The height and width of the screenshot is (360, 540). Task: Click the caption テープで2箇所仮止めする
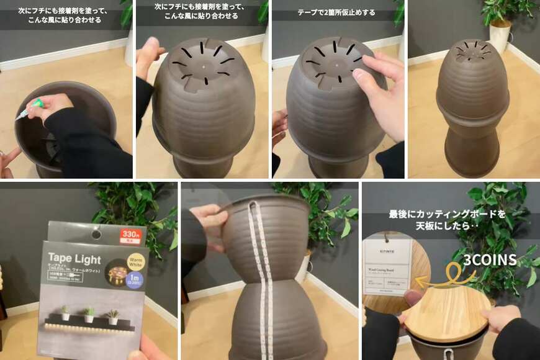click(336, 12)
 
